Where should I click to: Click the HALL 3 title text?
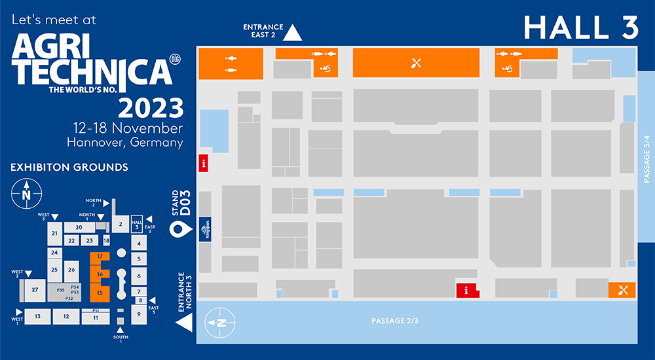point(581,27)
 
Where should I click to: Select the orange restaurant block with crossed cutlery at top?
point(416,63)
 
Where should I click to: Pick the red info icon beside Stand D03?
point(204,163)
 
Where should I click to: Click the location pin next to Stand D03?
point(178,229)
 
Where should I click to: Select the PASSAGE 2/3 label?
point(394,321)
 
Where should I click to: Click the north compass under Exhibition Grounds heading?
point(26,194)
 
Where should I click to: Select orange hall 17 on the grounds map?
point(100,256)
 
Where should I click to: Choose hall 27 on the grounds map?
point(35,289)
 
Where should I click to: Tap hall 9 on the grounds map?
point(138,314)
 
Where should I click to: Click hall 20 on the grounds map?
point(78,227)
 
